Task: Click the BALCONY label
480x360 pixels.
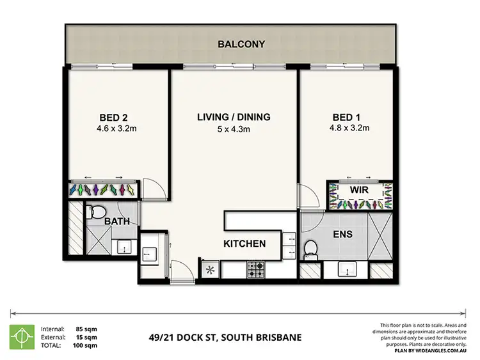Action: coord(241,44)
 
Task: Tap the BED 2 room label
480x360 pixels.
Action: coord(114,118)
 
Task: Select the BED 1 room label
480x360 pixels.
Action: coord(347,118)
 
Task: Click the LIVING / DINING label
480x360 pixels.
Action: coord(233,117)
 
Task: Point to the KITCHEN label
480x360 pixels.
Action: coord(244,244)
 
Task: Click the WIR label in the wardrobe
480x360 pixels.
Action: coord(358,190)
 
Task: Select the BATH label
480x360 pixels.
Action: coord(118,222)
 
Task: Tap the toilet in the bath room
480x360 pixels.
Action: coord(97,210)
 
